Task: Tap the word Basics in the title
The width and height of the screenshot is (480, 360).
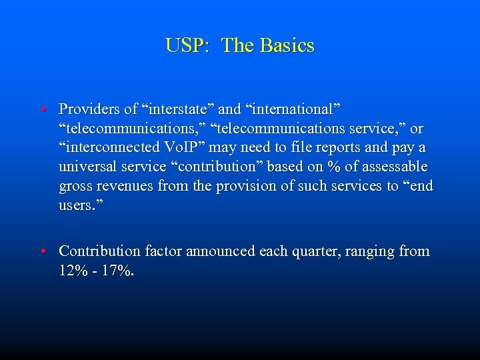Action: [287, 46]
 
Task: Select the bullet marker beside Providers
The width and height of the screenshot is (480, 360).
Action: [41, 108]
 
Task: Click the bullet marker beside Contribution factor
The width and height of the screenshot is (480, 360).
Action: [41, 251]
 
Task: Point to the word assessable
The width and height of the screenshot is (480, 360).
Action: [393, 166]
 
